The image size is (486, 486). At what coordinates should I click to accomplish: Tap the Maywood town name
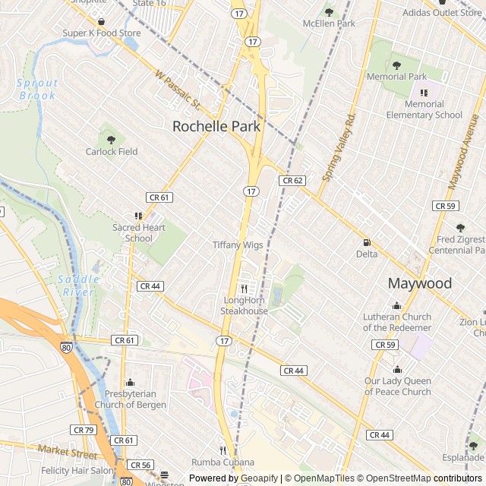tap(419, 283)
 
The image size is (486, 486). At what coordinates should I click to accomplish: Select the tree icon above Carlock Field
tap(112, 139)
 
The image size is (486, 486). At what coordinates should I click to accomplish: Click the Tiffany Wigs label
tap(238, 245)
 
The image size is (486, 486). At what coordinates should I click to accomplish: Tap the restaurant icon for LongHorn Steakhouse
tap(245, 289)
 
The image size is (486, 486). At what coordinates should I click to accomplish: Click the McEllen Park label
tap(328, 24)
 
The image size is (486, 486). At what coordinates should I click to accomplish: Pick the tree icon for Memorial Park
tap(396, 65)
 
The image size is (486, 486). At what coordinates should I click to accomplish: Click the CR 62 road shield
tap(292, 181)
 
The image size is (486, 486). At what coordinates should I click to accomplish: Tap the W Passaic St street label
tap(176, 90)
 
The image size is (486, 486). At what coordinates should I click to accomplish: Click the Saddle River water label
tap(79, 286)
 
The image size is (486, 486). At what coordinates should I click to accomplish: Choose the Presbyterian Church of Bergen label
tap(130, 399)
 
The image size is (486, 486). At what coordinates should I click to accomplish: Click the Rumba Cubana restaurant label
tap(222, 462)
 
